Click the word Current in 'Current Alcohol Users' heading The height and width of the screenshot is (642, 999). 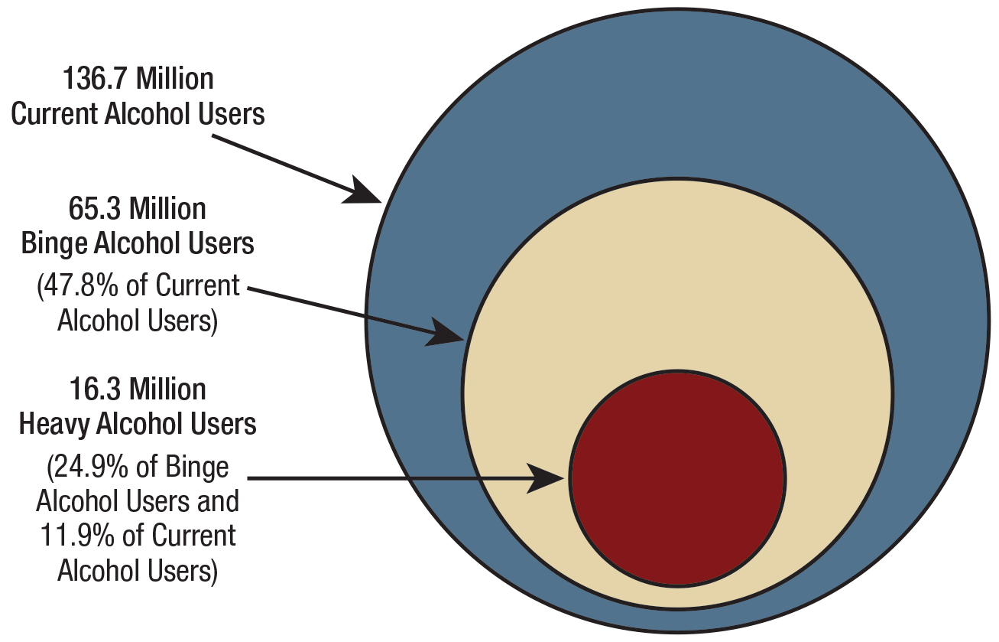tap(54, 114)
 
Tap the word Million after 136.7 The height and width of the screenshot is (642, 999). tap(175, 80)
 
